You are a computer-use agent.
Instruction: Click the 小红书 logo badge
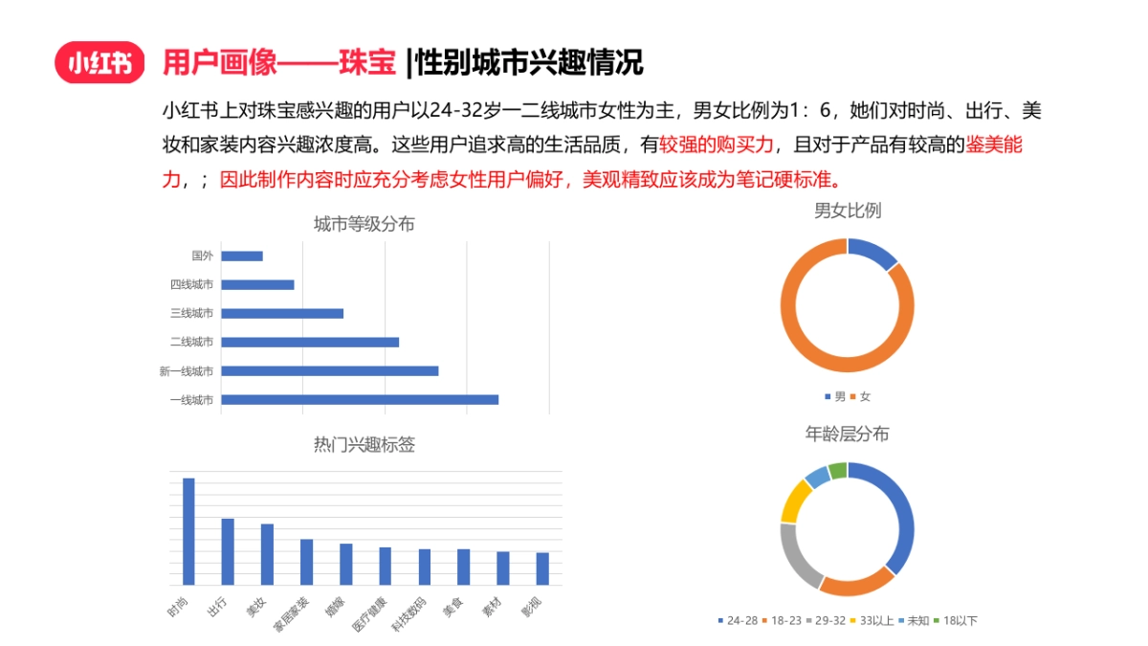[x=99, y=63]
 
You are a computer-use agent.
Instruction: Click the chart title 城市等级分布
[x=364, y=225]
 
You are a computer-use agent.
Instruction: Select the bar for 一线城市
[x=360, y=399]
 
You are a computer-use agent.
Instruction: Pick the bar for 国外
[x=242, y=256]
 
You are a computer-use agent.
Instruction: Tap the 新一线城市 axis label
[x=187, y=371]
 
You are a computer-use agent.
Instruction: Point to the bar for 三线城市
[x=282, y=313]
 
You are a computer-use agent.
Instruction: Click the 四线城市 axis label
[x=191, y=284]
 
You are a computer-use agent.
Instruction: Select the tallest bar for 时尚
[x=188, y=531]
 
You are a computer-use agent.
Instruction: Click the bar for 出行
[x=228, y=551]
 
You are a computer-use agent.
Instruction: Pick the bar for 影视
[x=542, y=568]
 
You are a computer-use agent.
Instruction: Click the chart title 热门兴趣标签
[x=364, y=445]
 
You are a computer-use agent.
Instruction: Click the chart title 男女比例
[x=847, y=211]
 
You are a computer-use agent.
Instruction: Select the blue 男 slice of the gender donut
[x=872, y=253]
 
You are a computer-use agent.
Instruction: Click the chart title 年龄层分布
[x=847, y=434]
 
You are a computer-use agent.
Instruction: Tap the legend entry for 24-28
[x=739, y=621]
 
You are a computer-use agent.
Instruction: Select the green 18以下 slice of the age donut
[x=838, y=470]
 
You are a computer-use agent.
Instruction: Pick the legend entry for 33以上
[x=873, y=621]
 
